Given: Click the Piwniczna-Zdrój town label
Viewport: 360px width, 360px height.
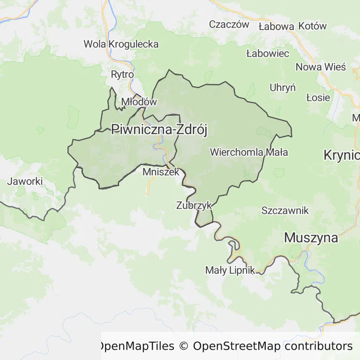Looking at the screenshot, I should [159, 130].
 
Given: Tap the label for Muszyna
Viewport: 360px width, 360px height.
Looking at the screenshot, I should [311, 238].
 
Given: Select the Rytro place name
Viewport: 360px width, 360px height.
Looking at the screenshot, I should [122, 75].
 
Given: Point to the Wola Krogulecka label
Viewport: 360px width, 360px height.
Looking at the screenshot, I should [121, 44].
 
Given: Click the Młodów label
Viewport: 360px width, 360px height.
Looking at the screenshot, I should [138, 102].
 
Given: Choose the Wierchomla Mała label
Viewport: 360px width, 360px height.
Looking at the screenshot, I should [249, 152].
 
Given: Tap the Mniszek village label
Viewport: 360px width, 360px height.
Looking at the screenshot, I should [161, 172].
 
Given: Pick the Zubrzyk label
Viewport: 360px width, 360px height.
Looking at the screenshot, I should [194, 205].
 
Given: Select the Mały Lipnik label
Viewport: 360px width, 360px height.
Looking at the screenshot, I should [230, 270].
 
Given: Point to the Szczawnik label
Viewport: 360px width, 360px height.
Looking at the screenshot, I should [285, 210].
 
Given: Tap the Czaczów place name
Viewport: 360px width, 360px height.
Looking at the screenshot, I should [229, 25].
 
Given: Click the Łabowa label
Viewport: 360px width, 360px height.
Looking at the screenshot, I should [277, 27].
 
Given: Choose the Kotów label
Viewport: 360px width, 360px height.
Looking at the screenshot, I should [313, 27].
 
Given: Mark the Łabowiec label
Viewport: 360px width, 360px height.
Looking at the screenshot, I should [268, 53].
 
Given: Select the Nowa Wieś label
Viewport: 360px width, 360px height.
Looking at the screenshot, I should [321, 67].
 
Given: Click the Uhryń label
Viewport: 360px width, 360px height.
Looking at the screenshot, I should [283, 88].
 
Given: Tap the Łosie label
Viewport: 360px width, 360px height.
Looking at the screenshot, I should [318, 98].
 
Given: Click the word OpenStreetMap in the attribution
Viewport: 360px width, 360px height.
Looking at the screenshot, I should [237, 346].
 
